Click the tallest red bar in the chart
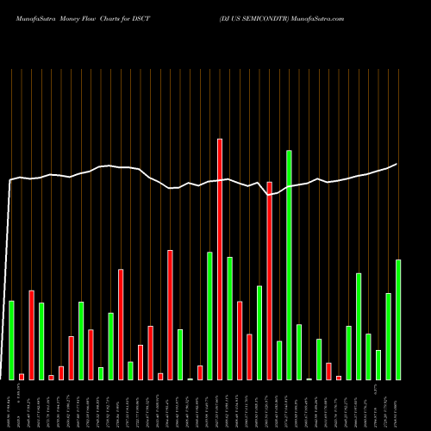click(x=220, y=259)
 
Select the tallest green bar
click(x=289, y=265)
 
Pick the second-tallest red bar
click(x=269, y=280)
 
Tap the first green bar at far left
click(x=11, y=340)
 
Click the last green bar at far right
click(x=398, y=319)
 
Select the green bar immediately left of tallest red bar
click(x=209, y=315)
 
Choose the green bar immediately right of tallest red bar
click(x=229, y=318)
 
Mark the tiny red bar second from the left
click(x=22, y=377)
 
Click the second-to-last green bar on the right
click(x=388, y=336)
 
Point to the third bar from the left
click(x=31, y=334)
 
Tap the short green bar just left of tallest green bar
click(x=278, y=360)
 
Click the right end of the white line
click(x=397, y=164)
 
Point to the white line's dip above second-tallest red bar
click(x=269, y=195)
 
